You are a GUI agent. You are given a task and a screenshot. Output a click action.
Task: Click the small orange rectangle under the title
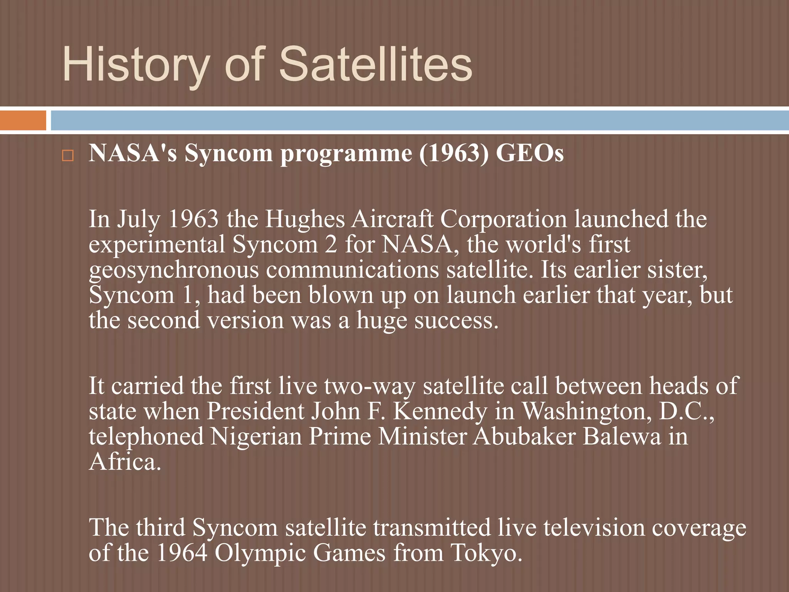click(23, 121)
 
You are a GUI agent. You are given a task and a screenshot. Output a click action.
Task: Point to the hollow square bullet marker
click(68, 156)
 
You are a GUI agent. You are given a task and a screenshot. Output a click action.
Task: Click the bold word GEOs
click(530, 153)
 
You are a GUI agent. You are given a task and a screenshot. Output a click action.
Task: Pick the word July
click(138, 220)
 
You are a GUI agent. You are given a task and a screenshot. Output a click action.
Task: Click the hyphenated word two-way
click(369, 386)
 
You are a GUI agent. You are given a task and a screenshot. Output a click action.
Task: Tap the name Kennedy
click(440, 411)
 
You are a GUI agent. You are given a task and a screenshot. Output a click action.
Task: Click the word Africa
click(124, 462)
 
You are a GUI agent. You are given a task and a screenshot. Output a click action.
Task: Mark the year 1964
click(182, 553)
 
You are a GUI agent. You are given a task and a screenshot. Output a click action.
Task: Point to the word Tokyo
click(486, 553)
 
